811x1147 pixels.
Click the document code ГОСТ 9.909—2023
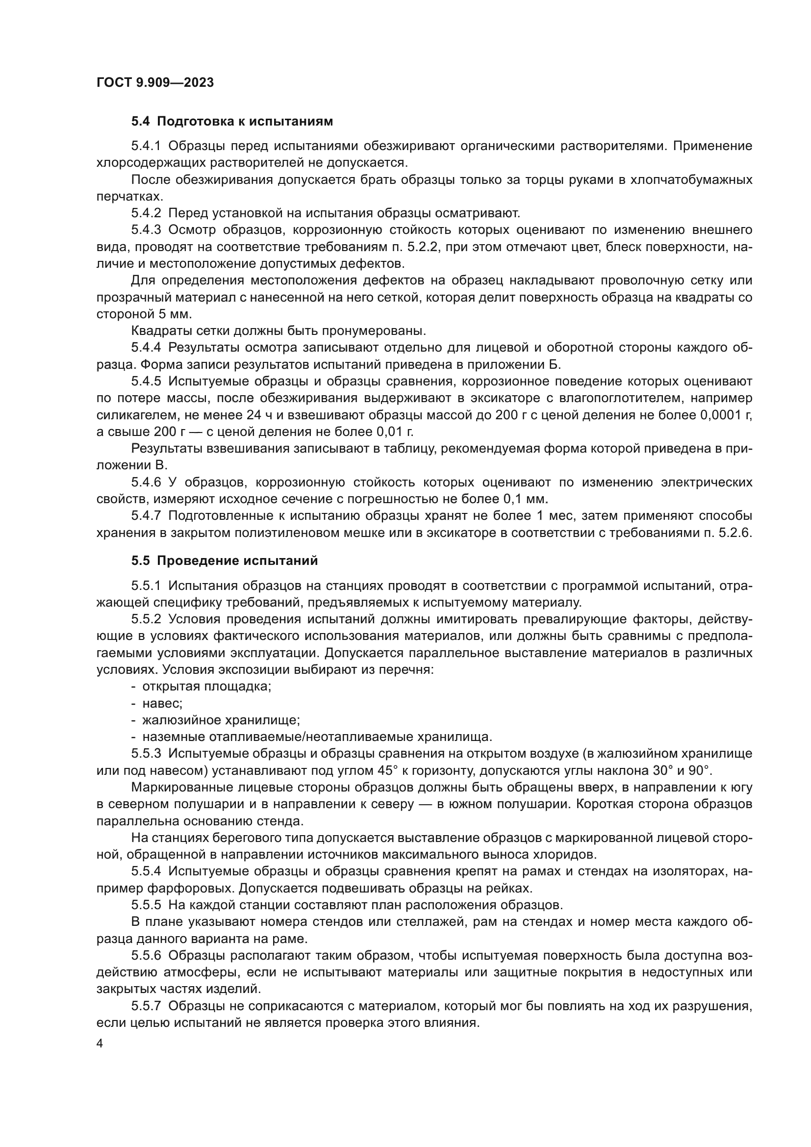point(155,83)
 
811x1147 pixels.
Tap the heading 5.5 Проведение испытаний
point(224,561)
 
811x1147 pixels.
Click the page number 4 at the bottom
point(100,1044)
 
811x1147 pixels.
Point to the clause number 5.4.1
point(146,146)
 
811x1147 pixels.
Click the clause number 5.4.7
point(146,515)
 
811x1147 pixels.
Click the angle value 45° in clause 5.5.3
point(386,770)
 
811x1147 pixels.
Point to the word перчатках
point(128,196)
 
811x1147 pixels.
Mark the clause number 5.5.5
point(146,905)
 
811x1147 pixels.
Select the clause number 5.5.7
point(146,1006)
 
